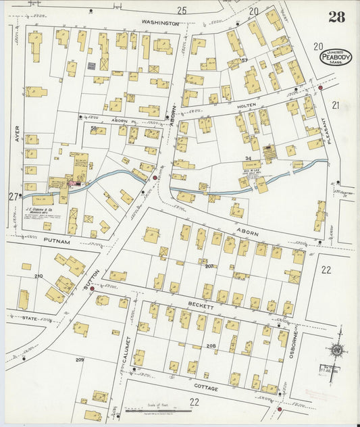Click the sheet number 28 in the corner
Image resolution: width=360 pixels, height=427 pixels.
pos(336,16)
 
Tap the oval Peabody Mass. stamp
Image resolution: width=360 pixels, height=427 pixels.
pos(335,57)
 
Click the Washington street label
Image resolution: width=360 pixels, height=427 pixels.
pos(160,22)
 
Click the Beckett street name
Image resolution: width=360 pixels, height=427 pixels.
pos(201,306)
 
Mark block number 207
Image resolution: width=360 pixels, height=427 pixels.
pos(209,266)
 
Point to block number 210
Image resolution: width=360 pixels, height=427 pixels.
pos(38,276)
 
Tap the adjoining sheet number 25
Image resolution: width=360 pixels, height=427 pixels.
pos(181,10)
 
